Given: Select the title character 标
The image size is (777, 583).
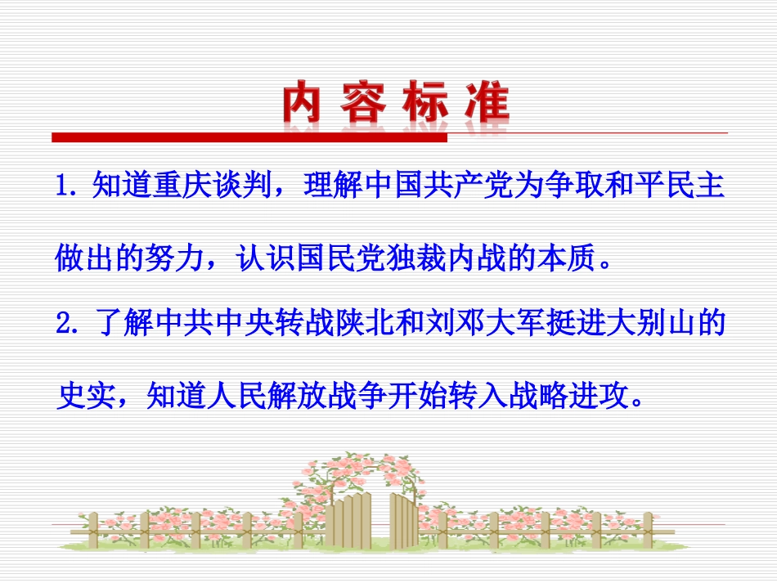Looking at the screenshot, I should pos(424,105).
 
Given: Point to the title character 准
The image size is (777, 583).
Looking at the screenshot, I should pos(484,105).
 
